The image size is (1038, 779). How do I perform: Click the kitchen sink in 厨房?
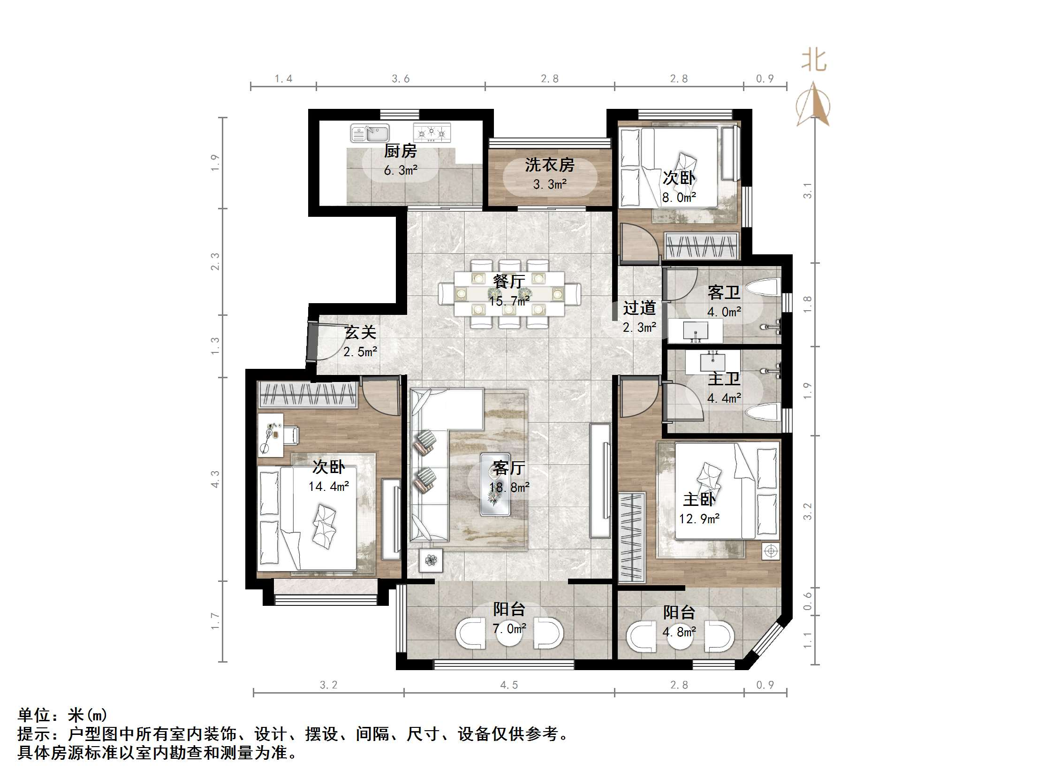pyautogui.click(x=370, y=133)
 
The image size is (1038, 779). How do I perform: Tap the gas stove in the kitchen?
pyautogui.click(x=431, y=133)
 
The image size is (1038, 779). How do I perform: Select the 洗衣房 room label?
pyautogui.click(x=550, y=165)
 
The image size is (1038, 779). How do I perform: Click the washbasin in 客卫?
pyautogui.click(x=696, y=331)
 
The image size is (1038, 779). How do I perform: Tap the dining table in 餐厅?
pyautogui.click(x=509, y=294)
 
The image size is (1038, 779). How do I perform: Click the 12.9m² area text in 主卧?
pyautogui.click(x=699, y=519)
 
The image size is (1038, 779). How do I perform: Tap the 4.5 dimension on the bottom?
pyautogui.click(x=508, y=685)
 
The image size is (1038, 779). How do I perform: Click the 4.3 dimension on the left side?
pyautogui.click(x=215, y=479)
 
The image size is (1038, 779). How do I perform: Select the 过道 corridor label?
pyautogui.click(x=639, y=308)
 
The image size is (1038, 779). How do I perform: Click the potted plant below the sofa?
pyautogui.click(x=431, y=560)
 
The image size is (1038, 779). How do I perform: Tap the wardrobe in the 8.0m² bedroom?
pyautogui.click(x=702, y=246)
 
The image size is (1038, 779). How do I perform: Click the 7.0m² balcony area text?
pyautogui.click(x=509, y=628)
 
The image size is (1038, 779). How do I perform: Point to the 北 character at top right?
pyautogui.click(x=813, y=61)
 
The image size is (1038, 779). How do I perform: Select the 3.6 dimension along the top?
pyautogui.click(x=401, y=79)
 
